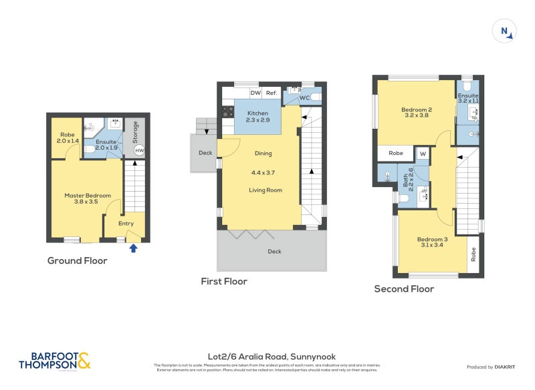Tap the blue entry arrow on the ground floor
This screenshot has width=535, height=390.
point(133,248)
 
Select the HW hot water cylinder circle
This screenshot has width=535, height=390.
point(139,151)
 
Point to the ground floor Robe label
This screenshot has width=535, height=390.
point(66,138)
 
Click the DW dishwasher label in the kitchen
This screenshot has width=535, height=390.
point(255,93)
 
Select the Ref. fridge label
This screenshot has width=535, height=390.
point(272,93)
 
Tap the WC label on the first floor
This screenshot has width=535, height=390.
point(304,98)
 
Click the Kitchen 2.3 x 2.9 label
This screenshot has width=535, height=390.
point(257,116)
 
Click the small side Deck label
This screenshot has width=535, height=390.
point(205,153)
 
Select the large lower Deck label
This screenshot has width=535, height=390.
point(274,252)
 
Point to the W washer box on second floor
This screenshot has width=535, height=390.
point(423,154)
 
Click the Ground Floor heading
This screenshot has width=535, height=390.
point(77,260)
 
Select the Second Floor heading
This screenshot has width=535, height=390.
point(404,288)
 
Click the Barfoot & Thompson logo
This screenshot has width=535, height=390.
point(54,361)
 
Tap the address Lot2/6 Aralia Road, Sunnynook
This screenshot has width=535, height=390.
point(267,357)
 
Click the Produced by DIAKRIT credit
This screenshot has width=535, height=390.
point(494,367)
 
